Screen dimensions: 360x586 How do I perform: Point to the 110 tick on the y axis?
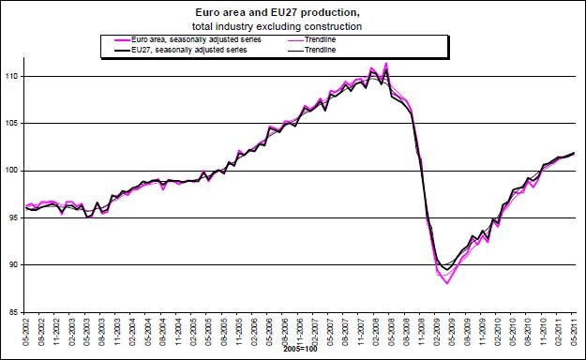click(x=14, y=76)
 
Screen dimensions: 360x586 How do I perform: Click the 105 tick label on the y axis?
click(x=14, y=123)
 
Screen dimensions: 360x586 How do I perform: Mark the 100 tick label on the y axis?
click(x=14, y=171)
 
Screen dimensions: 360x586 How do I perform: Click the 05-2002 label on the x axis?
click(x=27, y=331)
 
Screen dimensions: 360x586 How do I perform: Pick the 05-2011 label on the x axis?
click(x=574, y=331)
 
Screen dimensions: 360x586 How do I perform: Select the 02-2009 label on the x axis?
click(x=437, y=331)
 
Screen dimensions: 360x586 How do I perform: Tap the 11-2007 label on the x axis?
click(x=361, y=331)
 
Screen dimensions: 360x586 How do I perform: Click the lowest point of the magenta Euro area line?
click(x=447, y=282)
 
